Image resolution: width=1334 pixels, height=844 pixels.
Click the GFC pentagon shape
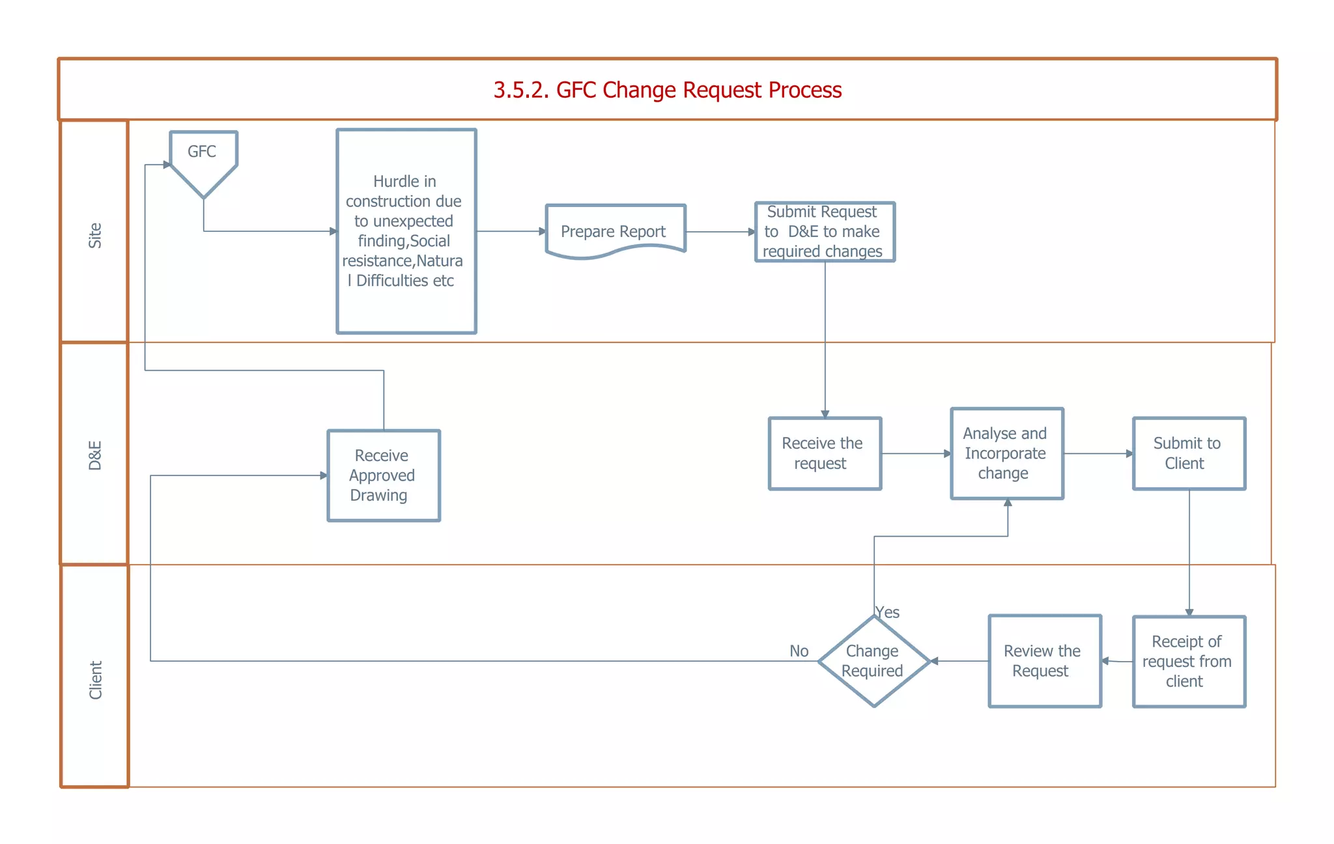[x=203, y=160]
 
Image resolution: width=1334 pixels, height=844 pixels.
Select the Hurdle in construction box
[x=406, y=231]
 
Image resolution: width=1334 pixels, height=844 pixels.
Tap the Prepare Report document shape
[x=615, y=231]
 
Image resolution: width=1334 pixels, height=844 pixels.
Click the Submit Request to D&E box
[x=825, y=232]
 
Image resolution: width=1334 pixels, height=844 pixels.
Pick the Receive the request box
[x=825, y=453]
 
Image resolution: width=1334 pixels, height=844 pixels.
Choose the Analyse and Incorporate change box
[x=1006, y=453]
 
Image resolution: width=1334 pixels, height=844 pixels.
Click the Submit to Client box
[x=1189, y=453]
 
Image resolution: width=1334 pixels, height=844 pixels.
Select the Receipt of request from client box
[x=1189, y=661]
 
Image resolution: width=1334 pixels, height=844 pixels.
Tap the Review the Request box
[x=1044, y=661]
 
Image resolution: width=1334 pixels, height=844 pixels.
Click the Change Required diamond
[x=873, y=661]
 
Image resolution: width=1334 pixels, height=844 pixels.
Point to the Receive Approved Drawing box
[x=384, y=475]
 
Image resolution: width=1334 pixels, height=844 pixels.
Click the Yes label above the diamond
[x=887, y=612]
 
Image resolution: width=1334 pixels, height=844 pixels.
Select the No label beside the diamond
[x=799, y=651]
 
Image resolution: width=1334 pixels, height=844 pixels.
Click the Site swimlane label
[x=95, y=235]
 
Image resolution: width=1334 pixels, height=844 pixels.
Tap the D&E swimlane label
[x=95, y=455]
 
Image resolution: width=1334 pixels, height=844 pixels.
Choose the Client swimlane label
[x=95, y=680]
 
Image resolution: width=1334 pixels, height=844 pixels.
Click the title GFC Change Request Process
[x=667, y=90]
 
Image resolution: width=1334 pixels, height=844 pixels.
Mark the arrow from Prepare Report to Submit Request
[x=720, y=232]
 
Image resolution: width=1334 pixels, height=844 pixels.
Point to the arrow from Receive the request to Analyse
[x=915, y=453]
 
